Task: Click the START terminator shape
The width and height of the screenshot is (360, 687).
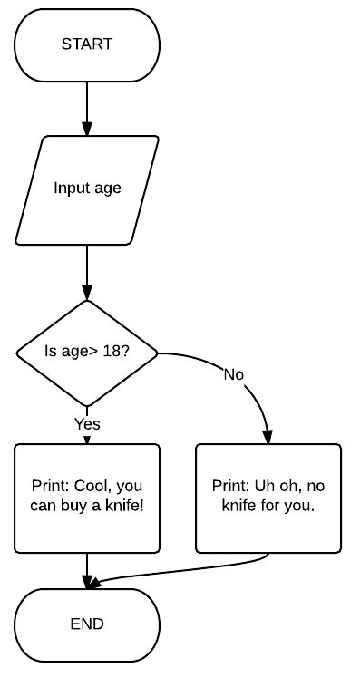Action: tap(87, 45)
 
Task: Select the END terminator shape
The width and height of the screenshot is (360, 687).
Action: tap(87, 624)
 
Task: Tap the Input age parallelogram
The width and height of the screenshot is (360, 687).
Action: tap(87, 189)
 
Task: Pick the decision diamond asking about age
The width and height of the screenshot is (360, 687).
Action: tap(87, 352)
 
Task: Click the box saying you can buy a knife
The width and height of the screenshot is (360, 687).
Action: tap(87, 497)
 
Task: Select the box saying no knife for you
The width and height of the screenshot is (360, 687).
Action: tap(268, 497)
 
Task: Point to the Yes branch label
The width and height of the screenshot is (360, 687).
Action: tap(87, 423)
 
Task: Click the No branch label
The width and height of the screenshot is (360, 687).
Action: tap(234, 374)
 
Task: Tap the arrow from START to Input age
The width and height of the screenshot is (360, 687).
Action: tap(87, 109)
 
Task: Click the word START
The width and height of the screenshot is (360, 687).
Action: tap(87, 44)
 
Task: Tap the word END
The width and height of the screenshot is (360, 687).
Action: tap(87, 624)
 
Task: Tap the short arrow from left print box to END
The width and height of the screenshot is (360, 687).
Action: tap(87, 571)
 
